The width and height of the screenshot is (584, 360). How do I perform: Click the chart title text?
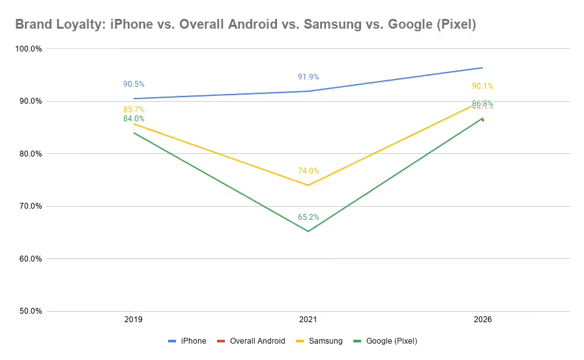tap(245, 25)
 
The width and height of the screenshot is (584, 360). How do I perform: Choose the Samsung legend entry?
tap(321, 341)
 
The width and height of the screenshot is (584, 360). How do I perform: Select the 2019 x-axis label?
tap(134, 320)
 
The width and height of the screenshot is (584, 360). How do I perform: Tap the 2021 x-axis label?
tap(308, 320)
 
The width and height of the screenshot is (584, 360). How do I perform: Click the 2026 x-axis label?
tap(483, 320)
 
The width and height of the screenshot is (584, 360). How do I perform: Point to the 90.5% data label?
tap(134, 84)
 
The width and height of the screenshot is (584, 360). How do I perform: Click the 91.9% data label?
tap(308, 77)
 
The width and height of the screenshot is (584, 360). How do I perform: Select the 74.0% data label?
tap(308, 171)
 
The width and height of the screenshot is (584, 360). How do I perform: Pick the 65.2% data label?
tap(308, 217)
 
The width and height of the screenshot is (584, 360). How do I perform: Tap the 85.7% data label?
tap(134, 110)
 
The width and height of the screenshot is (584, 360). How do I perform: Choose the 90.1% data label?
tap(483, 86)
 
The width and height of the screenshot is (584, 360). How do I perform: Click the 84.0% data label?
tap(134, 119)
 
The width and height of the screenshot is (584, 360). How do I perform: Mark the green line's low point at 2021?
tap(308, 232)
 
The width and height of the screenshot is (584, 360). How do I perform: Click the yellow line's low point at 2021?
tap(308, 185)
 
